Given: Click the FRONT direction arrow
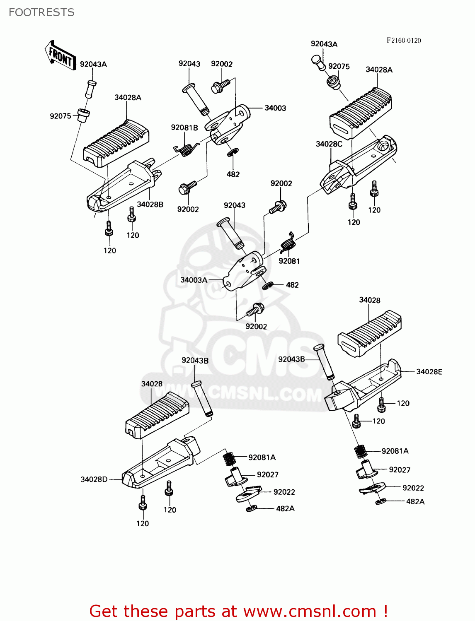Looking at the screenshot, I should coord(60,55).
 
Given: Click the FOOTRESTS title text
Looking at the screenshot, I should coord(41,12).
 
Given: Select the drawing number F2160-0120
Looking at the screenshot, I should coord(404,40).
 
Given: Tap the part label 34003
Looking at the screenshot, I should coord(275,108).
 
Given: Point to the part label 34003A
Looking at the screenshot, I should coord(194,280).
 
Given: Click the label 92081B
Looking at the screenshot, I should coord(184,128).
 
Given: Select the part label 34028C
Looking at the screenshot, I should coord(329,144).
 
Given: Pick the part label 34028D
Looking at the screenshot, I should coord(94,479).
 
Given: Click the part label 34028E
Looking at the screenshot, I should coord(429,372).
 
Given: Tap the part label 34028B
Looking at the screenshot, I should coord(150,205).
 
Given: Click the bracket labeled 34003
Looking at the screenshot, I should coord(230,124).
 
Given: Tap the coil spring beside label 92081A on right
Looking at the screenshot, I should coord(361,451).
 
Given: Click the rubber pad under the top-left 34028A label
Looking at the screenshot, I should coord(117,143).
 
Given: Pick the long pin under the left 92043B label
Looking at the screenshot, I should coord(202,398).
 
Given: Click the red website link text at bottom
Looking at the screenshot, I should coord(238,611).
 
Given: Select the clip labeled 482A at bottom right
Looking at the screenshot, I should coord(381,502).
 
